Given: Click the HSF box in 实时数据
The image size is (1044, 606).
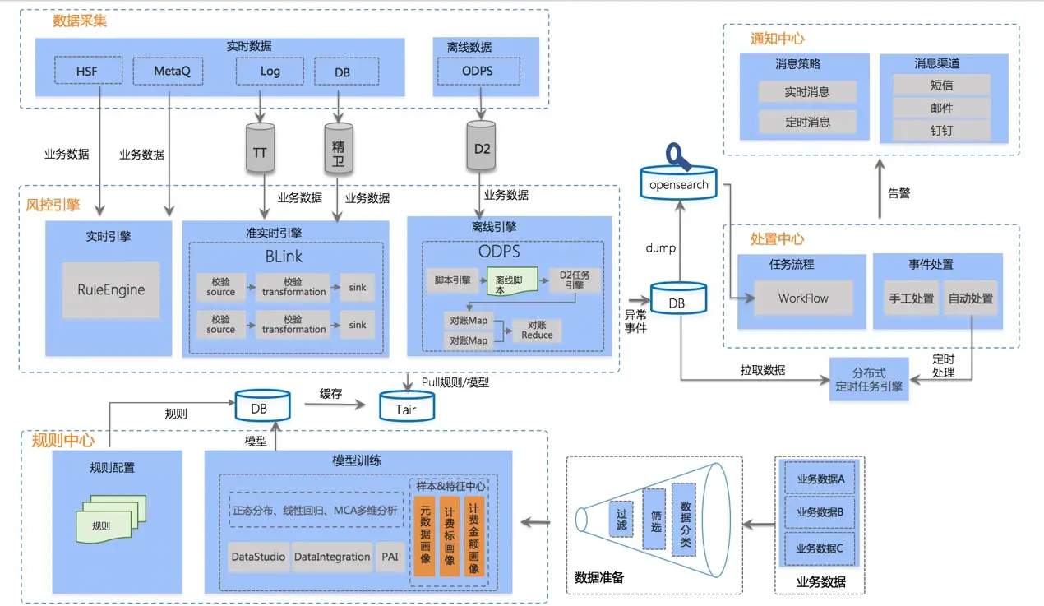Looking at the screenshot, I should click(87, 71).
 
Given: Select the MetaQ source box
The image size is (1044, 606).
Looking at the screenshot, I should click(172, 71).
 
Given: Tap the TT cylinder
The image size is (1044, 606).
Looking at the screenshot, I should click(260, 150).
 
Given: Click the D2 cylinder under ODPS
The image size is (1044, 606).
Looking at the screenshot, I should click(483, 148).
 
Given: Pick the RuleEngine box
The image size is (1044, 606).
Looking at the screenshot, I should click(111, 289).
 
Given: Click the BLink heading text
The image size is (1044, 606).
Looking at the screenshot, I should click(284, 256).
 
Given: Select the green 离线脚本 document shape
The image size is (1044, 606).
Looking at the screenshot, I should click(510, 281).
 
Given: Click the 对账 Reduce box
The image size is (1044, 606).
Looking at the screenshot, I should click(537, 331).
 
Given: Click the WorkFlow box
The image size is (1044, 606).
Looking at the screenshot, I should click(803, 298).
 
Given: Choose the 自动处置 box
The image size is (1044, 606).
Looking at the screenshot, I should click(970, 298).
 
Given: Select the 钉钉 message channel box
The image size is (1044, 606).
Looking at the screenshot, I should click(941, 130).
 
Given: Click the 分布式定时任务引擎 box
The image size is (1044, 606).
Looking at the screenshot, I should click(869, 378).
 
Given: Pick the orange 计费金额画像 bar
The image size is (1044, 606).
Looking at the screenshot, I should click(473, 535).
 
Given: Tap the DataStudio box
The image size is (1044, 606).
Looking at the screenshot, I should click(258, 557).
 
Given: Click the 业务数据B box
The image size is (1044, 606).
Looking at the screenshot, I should click(820, 511).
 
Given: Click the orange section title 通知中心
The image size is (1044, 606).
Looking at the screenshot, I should click(777, 39).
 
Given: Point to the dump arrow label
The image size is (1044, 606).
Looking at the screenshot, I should click(660, 247).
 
